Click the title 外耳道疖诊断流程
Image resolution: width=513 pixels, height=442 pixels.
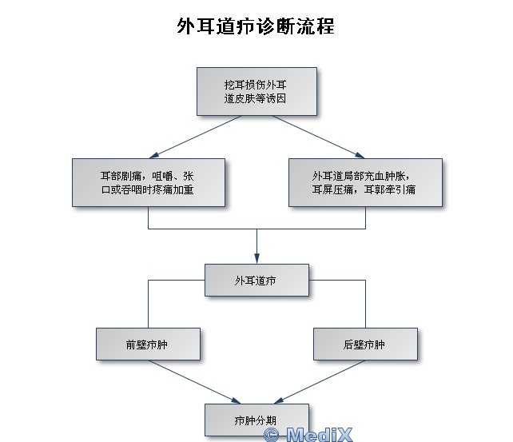tap(256, 26)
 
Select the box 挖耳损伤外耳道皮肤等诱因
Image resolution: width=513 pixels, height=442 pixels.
tap(256, 90)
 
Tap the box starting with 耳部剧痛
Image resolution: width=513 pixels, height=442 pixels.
tap(148, 182)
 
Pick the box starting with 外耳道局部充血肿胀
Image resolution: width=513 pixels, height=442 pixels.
tap(364, 182)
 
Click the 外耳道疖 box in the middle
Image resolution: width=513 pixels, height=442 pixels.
tap(256, 281)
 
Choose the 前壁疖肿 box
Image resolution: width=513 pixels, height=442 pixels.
tap(147, 344)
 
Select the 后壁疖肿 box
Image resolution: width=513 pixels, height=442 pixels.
tap(364, 344)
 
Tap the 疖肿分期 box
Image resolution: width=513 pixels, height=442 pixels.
tap(256, 419)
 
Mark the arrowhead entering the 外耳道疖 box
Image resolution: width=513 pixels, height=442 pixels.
tap(256, 257)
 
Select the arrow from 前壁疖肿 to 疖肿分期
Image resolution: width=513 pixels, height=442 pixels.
tap(196, 381)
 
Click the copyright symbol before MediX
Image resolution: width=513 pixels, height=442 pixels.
tap(272, 435)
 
